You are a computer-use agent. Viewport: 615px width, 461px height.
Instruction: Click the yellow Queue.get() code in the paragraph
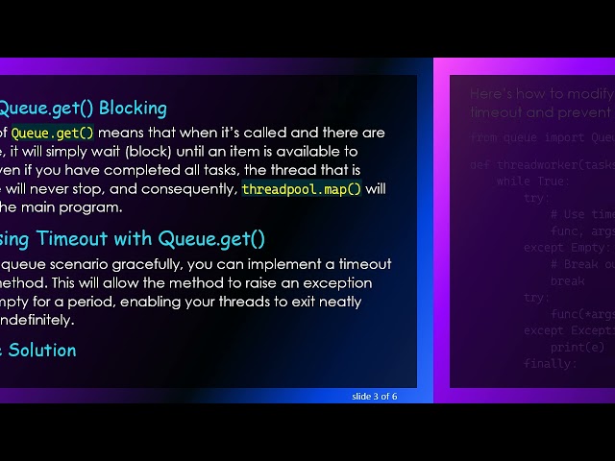(x=53, y=133)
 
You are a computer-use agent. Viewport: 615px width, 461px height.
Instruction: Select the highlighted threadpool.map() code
(x=301, y=188)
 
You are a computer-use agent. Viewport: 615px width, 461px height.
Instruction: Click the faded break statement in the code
(x=567, y=281)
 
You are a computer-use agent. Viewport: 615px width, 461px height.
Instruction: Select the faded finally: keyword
(x=550, y=364)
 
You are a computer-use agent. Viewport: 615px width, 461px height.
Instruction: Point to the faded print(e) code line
(x=578, y=347)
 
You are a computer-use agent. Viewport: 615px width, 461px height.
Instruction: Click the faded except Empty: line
(x=561, y=247)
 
